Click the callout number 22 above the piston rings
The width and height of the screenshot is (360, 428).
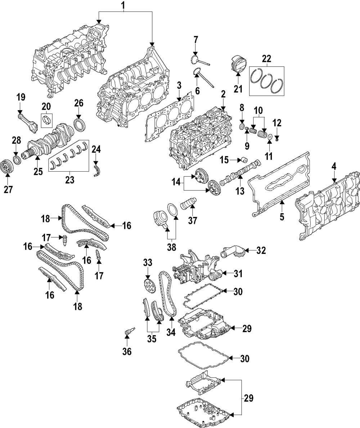pos(266,59)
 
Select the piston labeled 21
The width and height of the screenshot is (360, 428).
pos(238,64)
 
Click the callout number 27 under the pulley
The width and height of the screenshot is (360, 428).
pos(8,190)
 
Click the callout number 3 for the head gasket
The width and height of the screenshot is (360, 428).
pos(179,85)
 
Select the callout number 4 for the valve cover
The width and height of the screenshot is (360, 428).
pos(334,166)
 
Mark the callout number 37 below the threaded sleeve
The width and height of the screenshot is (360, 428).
pos(193,220)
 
